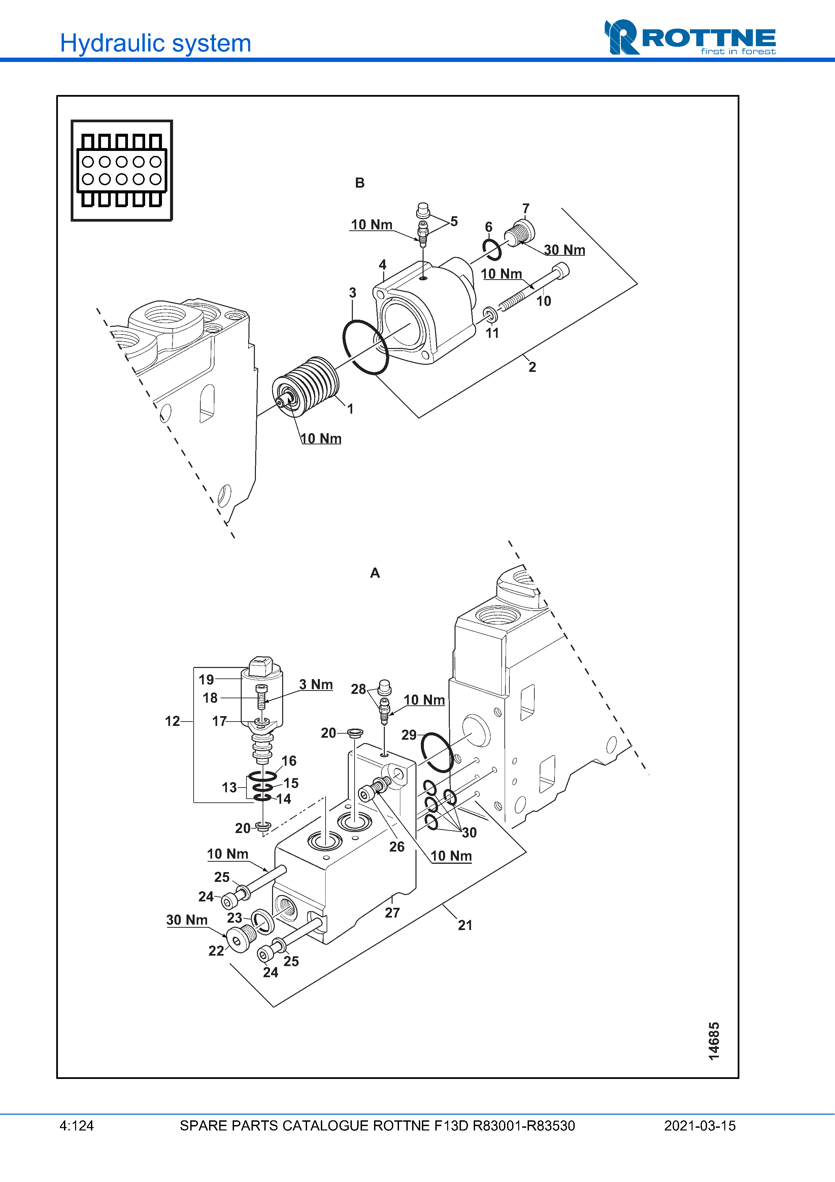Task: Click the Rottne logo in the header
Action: [x=690, y=37]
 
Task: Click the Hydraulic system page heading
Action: [x=155, y=43]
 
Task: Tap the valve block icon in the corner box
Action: [x=122, y=170]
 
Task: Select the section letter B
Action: [x=360, y=183]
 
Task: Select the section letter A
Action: [x=374, y=573]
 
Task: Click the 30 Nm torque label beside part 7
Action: [x=564, y=250]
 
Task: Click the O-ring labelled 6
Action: [x=492, y=250]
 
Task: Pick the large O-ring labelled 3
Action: [x=365, y=347]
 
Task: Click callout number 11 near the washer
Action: [x=492, y=333]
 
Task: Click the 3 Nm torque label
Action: [x=316, y=685]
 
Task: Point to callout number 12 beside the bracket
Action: [x=172, y=721]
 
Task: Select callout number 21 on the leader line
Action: [x=465, y=925]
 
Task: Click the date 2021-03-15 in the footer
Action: [x=699, y=1126]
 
